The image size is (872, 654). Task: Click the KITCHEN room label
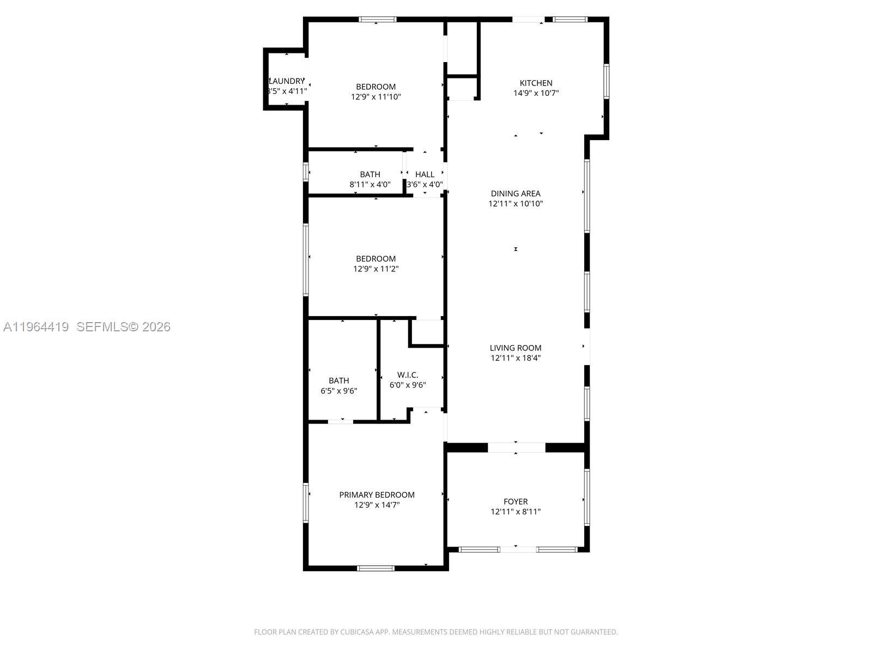pos(536,83)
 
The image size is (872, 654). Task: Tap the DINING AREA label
pos(516,193)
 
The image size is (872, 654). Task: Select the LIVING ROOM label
pos(516,348)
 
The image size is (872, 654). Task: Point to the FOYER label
pos(516,501)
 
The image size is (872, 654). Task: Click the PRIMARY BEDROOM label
pos(377,495)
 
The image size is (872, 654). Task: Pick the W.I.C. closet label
pos(408,375)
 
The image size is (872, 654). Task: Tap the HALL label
pos(425,174)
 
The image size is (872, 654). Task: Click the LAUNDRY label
pos(287,81)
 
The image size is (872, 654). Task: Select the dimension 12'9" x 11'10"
pos(376,97)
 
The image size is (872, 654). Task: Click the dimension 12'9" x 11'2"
pos(376,269)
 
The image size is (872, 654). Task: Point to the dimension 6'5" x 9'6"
pos(339,391)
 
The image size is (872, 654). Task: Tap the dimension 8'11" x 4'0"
pos(370,185)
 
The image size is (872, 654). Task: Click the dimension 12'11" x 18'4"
pos(516,358)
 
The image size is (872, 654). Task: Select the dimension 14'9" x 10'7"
pos(536,93)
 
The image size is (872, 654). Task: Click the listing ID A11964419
pos(36,326)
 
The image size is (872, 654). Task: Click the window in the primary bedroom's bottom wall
pos(376,568)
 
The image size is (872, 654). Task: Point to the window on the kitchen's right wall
pos(606,82)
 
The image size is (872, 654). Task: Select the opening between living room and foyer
pos(516,447)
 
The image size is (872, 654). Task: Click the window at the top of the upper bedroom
pos(378,20)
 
